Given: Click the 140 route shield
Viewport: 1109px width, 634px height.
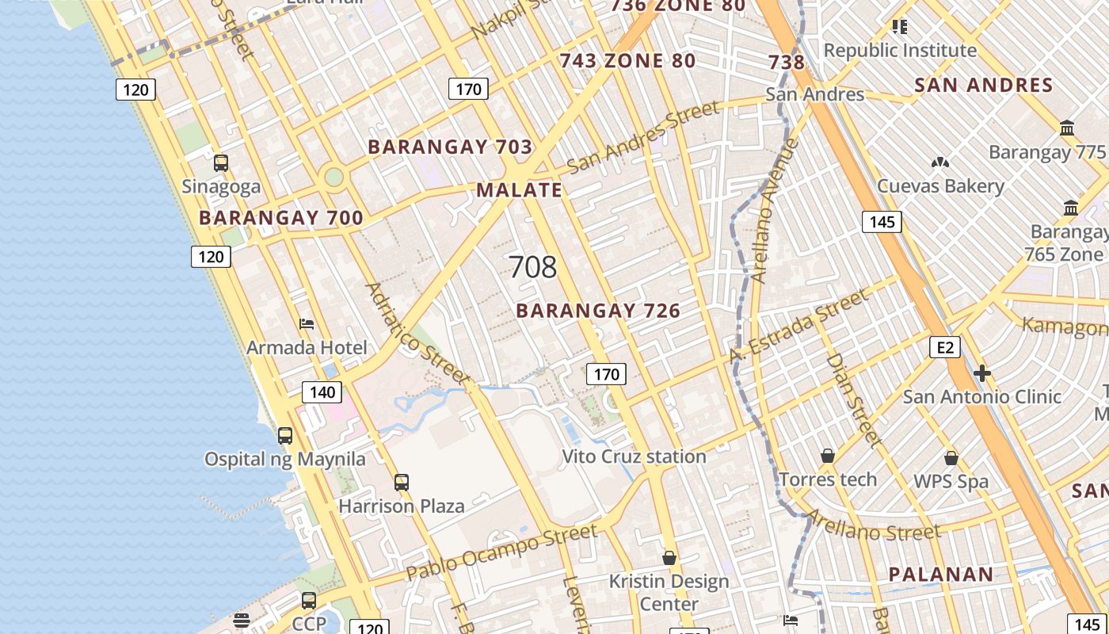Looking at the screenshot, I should point(322,391).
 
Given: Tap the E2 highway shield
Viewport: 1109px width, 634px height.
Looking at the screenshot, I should point(944,347).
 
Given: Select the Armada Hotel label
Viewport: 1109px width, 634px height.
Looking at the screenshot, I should point(307,347).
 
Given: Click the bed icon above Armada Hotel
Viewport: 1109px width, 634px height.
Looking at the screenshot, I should point(307,323).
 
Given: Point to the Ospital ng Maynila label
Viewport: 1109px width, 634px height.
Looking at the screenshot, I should point(285,459).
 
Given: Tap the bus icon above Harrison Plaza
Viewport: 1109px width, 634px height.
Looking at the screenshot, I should point(402,482).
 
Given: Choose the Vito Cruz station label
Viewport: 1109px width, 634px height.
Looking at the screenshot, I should point(634,456).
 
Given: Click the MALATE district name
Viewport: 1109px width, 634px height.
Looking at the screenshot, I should point(519,190).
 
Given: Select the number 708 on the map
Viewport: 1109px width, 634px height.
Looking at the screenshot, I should point(532,267).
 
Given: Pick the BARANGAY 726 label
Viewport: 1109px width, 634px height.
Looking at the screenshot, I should point(598,311).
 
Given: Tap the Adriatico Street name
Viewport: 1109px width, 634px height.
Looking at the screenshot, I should point(417,333).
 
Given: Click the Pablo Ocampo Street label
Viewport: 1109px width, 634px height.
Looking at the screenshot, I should point(501,552).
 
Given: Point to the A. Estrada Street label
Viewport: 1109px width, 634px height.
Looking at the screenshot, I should point(798,327).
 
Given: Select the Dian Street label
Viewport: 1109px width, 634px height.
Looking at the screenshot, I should point(854,399).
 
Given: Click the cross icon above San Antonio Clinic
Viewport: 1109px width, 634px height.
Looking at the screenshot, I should point(982,373).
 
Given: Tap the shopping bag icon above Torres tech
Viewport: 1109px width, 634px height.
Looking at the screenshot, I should point(828,456).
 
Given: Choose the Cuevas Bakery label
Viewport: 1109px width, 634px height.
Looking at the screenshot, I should point(940,186).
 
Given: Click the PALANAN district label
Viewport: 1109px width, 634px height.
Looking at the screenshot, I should point(940,575).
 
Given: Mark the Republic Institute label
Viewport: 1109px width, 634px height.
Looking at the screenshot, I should point(900,51).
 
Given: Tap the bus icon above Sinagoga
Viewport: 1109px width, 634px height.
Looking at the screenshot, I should point(221,163).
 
